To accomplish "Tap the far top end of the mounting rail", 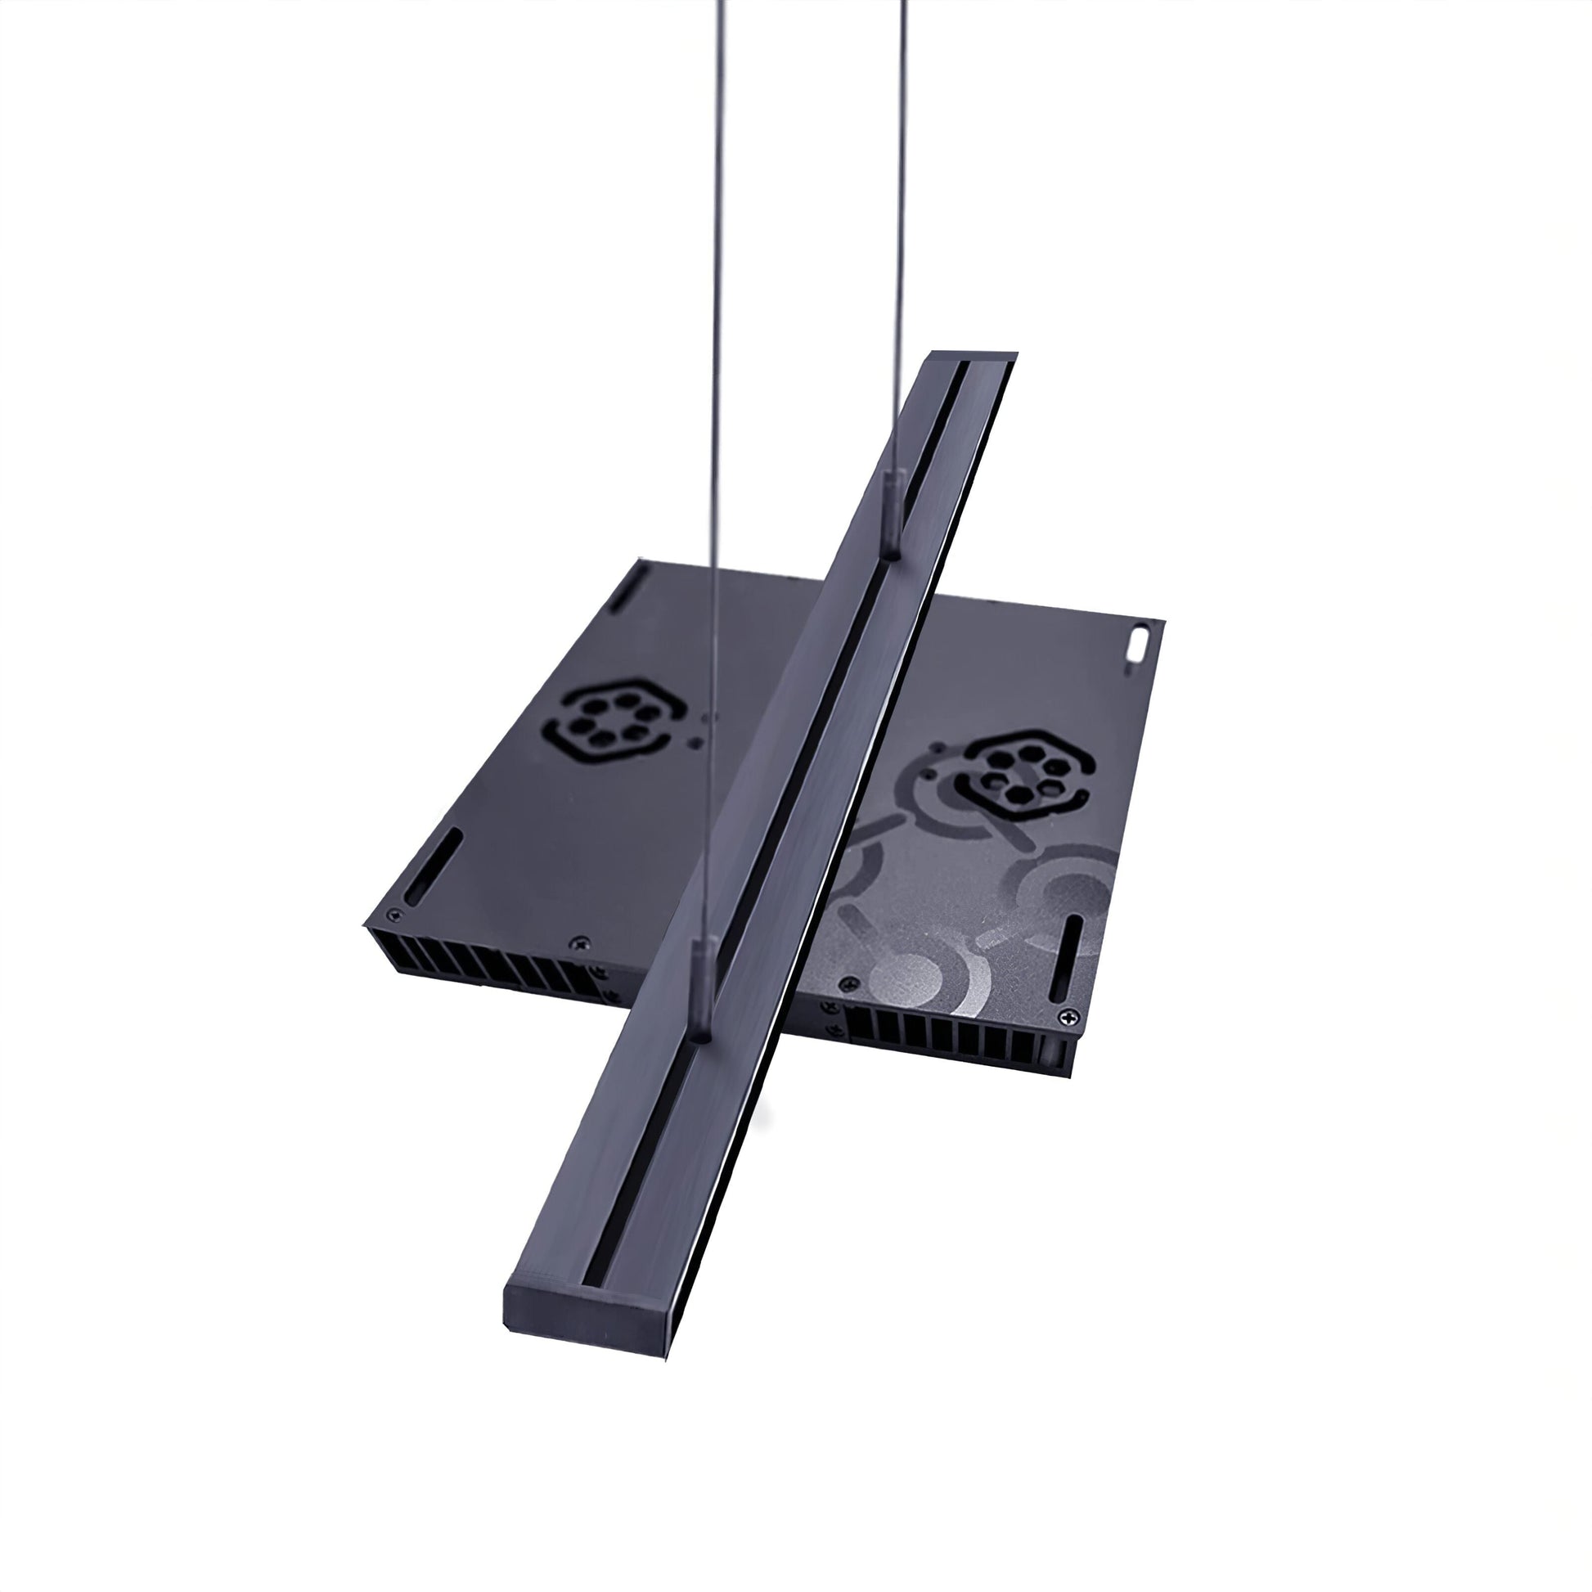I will tap(973, 360).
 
